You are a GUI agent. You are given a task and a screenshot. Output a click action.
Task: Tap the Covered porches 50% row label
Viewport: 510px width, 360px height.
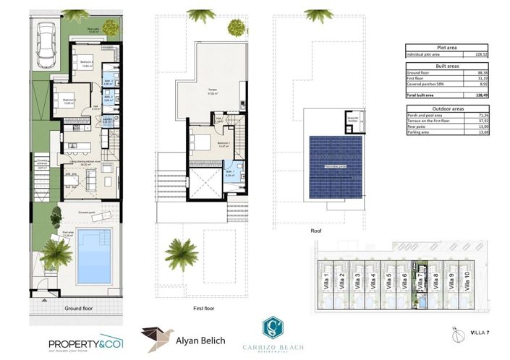[x=427, y=85]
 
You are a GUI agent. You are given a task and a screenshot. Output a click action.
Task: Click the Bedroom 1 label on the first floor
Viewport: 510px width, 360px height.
[x=224, y=143]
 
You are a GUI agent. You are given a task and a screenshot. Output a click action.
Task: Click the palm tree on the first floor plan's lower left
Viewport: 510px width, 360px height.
[x=180, y=253]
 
